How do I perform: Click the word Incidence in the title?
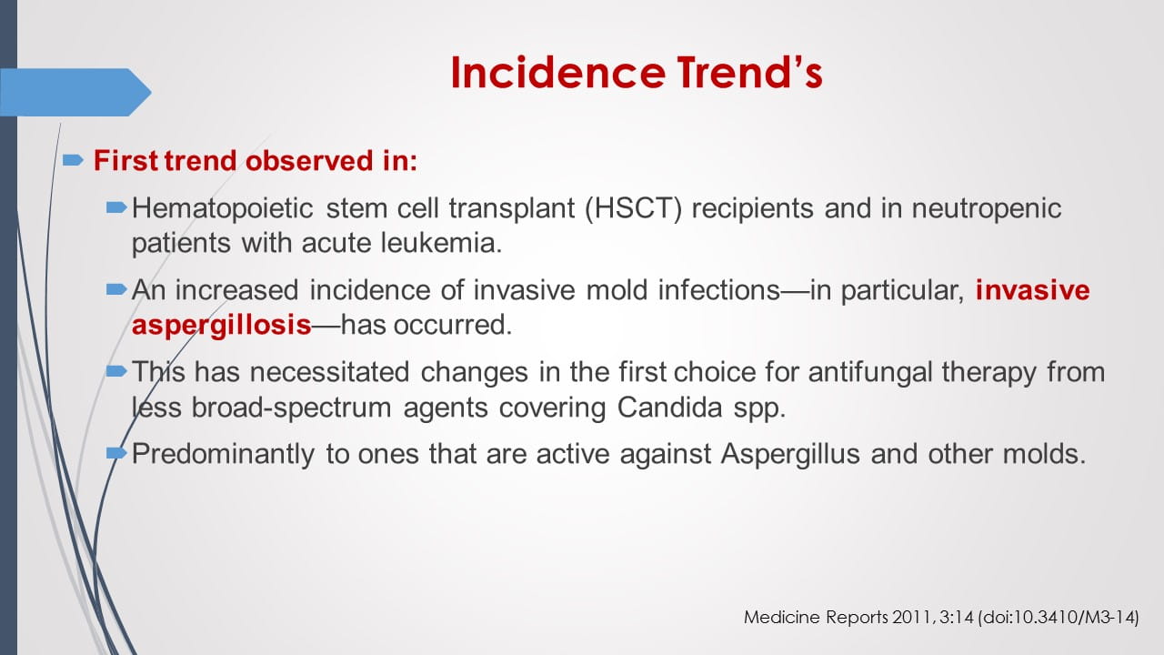click(x=553, y=73)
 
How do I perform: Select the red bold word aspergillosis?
click(x=221, y=325)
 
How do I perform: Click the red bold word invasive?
click(x=1032, y=290)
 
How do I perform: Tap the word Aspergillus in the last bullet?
click(x=789, y=454)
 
